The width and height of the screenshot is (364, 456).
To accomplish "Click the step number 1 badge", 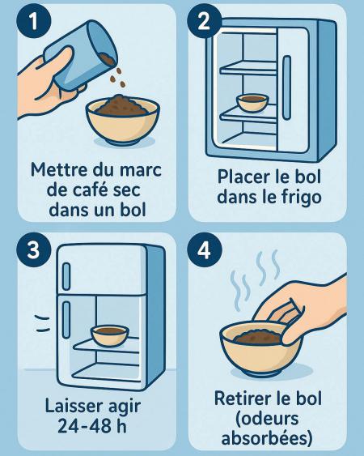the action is click(34, 20).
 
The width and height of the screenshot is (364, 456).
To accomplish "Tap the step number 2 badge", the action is click(204, 20).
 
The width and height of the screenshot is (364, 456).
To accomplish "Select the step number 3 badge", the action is click(34, 249).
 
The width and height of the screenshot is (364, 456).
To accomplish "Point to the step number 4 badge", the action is click(205, 249).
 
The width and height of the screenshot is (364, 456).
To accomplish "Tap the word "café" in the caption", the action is click(91, 190).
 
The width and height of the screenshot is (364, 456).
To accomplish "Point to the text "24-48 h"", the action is click(92, 426).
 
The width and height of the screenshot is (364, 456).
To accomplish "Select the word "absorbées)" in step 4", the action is click(267, 438).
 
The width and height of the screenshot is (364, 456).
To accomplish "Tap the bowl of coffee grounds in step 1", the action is click(123, 118).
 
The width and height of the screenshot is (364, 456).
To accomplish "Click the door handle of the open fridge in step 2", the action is click(287, 87).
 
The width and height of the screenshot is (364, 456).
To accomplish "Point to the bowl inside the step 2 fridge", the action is click(252, 103).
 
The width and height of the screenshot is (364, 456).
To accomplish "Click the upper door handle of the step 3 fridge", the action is click(66, 276).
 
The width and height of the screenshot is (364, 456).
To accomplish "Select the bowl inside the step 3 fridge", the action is click(110, 336).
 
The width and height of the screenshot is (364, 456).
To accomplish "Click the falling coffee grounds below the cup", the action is click(117, 78).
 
